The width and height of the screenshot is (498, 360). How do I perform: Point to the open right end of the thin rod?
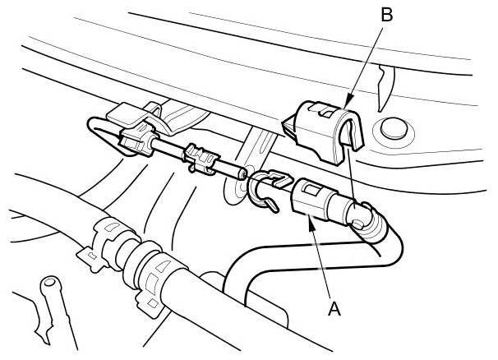pos(240,173)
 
